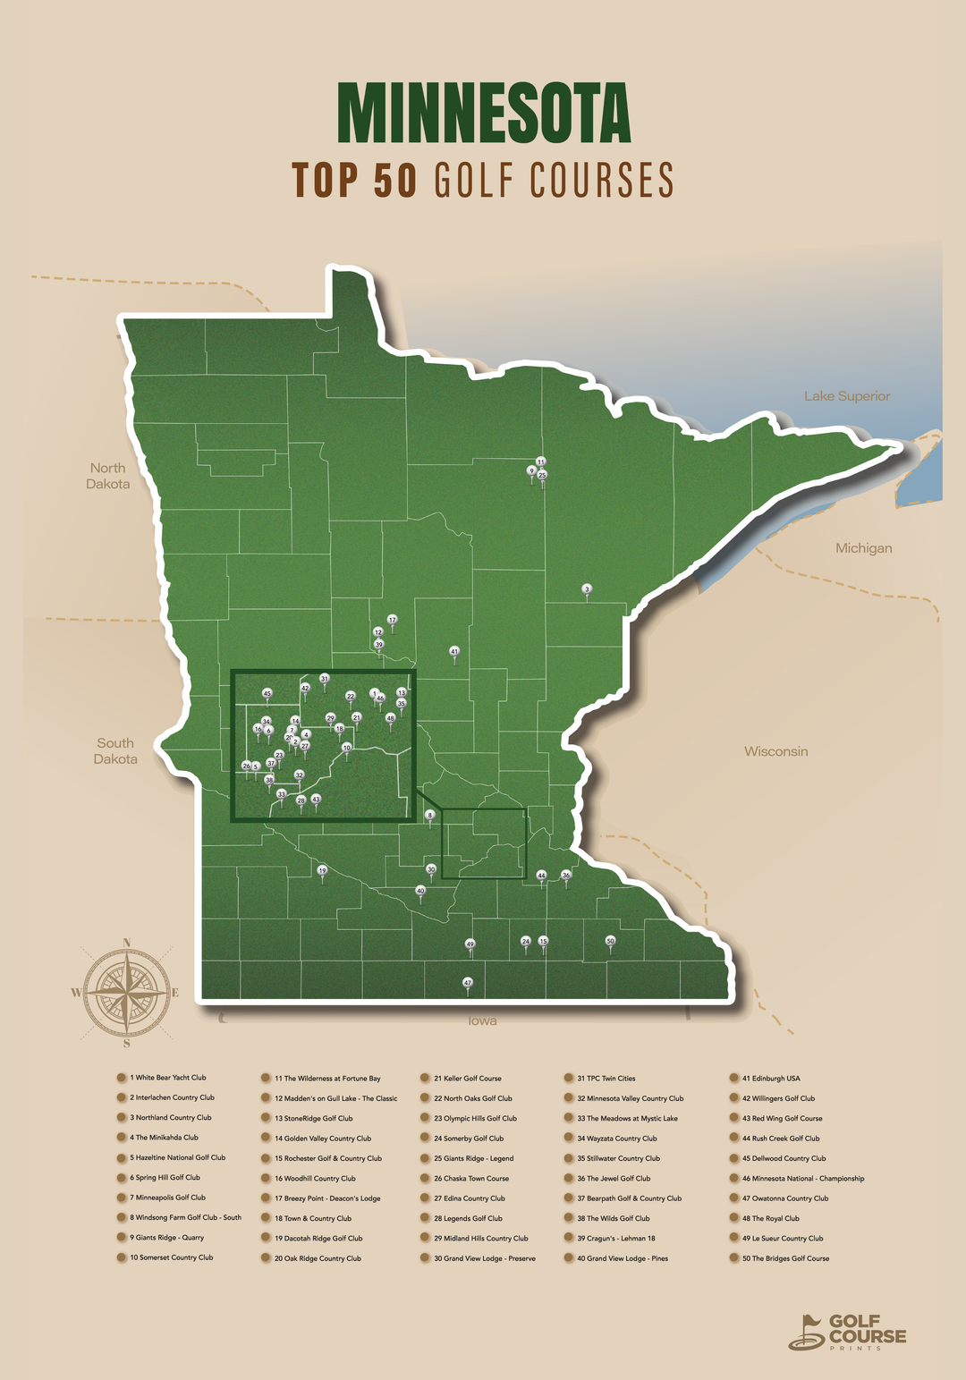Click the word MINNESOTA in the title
(x=483, y=114)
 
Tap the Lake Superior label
(x=846, y=396)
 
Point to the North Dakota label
(x=108, y=476)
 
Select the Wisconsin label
(x=775, y=751)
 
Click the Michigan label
(x=863, y=548)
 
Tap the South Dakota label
(x=115, y=751)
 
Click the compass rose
(x=126, y=993)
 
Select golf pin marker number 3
(x=587, y=589)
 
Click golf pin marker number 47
(x=467, y=983)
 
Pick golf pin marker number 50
(x=610, y=942)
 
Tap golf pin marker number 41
(x=454, y=652)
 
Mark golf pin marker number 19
(x=322, y=870)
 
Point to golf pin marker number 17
(x=392, y=620)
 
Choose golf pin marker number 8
(x=429, y=816)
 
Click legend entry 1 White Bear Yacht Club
(x=167, y=1078)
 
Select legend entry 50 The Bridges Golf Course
(x=784, y=1258)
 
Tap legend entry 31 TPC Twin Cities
(x=606, y=1079)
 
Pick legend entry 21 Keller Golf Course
(x=467, y=1079)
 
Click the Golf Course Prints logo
(x=847, y=1332)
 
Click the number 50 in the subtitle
(x=394, y=180)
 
